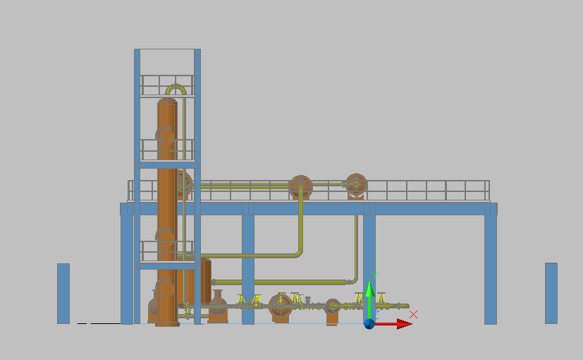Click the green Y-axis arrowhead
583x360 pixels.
369,289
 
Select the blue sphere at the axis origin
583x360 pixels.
369,323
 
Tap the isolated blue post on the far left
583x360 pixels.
63,293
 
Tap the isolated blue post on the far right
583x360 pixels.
551,293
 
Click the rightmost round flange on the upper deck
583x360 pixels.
355,184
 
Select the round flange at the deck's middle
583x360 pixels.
300,187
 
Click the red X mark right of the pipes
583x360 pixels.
414,314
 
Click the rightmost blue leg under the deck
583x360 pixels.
490,268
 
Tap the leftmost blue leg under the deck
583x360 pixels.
127,268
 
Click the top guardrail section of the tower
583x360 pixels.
167,85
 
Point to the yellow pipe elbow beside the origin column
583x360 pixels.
354,279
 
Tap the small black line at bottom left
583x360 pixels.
99,323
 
